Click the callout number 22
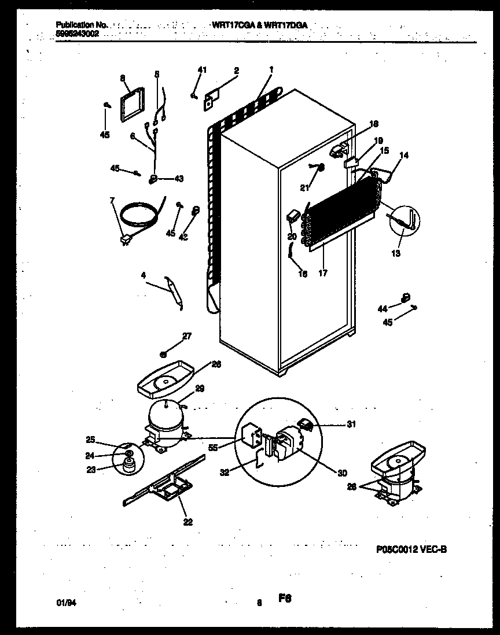coord(187,522)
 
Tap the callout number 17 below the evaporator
coord(322,273)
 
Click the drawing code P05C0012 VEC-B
coord(411,550)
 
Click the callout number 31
coord(351,425)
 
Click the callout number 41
coord(201,70)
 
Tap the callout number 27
coord(187,336)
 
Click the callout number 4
coord(143,275)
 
